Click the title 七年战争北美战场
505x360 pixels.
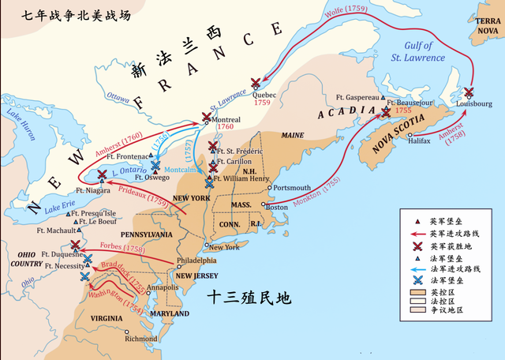click(65, 15)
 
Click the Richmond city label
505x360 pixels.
click(141, 339)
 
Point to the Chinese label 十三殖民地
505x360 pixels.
click(249, 298)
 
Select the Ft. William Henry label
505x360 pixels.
click(244, 178)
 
